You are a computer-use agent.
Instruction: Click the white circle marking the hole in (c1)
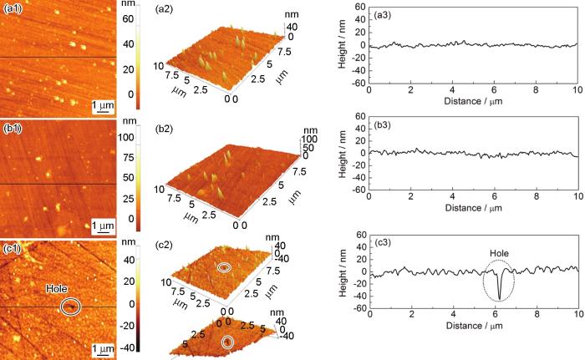pos(72,307)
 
